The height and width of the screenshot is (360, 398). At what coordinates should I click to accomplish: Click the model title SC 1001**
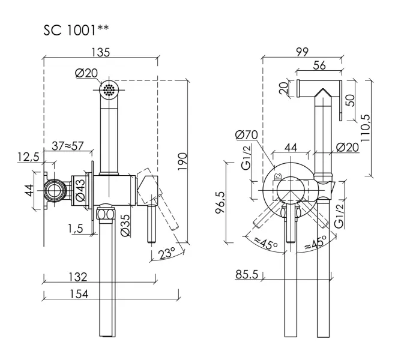(76, 30)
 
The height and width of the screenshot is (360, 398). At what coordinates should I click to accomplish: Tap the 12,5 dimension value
(28, 157)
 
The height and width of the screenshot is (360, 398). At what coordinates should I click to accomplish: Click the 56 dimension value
(318, 67)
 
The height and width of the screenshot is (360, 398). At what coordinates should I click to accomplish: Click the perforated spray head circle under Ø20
(109, 90)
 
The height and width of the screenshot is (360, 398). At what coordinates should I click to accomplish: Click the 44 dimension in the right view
(291, 146)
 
